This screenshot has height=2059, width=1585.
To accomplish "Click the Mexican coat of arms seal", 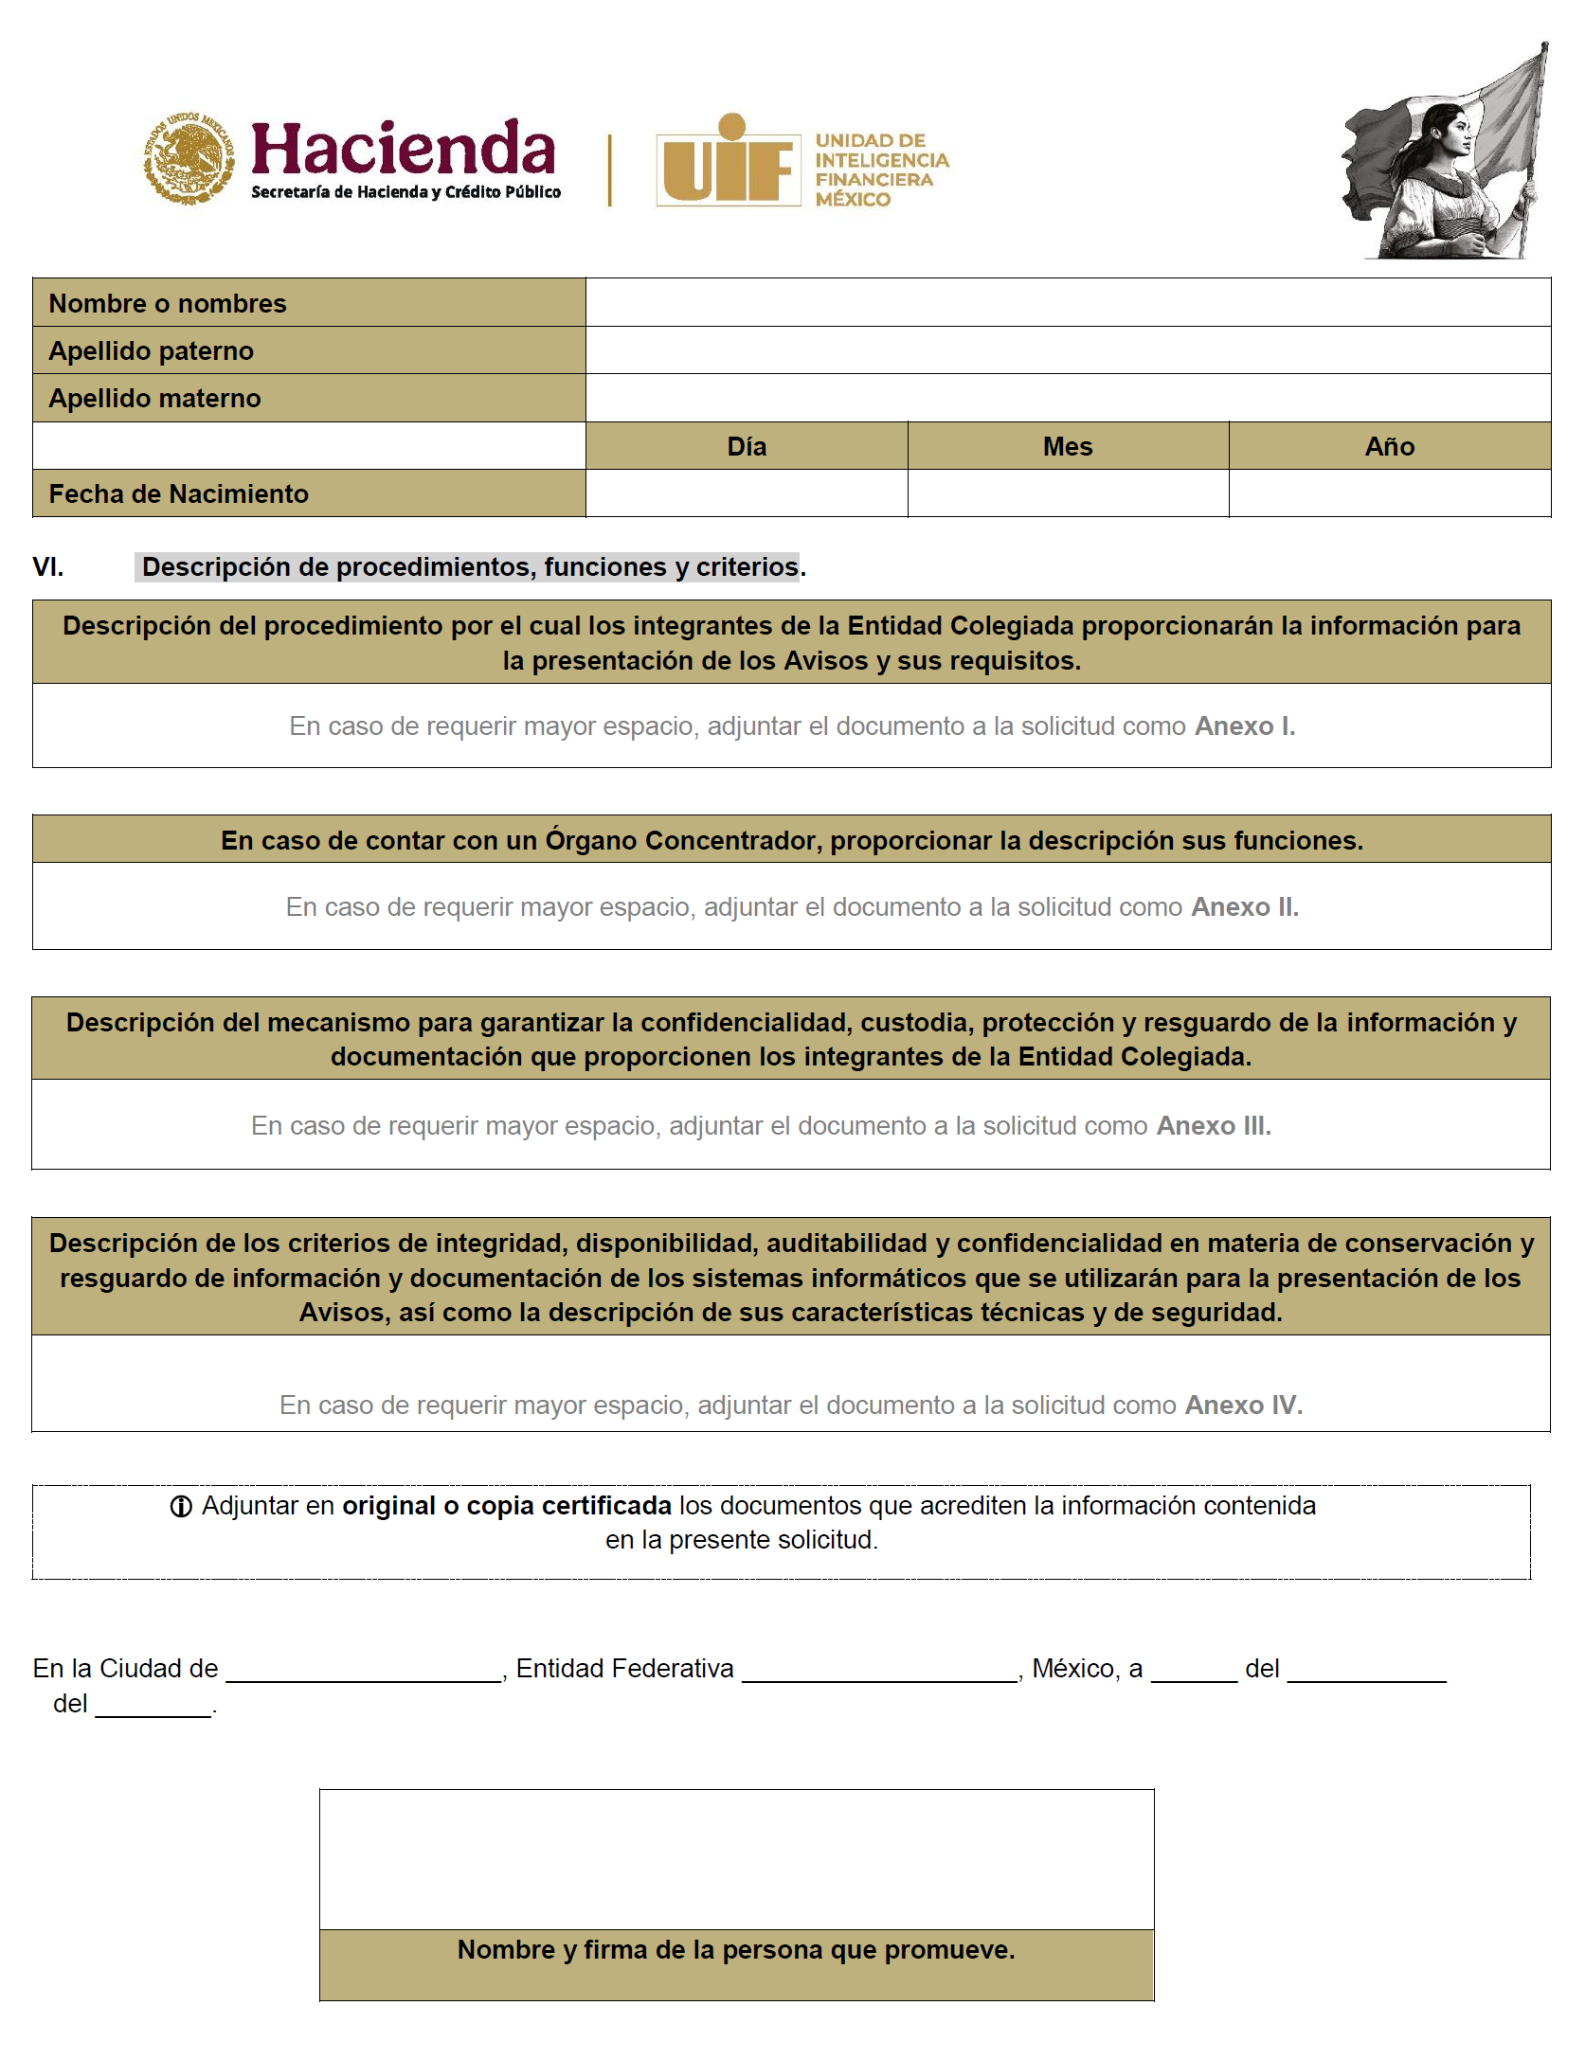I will tap(189, 159).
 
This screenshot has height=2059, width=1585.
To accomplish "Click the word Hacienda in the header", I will tap(404, 149).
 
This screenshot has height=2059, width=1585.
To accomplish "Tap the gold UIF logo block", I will tap(728, 161).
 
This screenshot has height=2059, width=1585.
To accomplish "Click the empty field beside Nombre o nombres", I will tap(1068, 302).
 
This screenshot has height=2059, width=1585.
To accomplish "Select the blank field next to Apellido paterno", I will tap(1068, 350).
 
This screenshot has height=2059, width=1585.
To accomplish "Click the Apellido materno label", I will tap(154, 399).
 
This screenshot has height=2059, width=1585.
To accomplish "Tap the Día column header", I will tap(747, 447).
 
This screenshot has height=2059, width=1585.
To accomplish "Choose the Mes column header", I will tap(1068, 447).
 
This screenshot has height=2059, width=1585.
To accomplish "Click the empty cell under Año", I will tap(1390, 493).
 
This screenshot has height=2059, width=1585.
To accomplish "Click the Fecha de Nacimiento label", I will tap(178, 494).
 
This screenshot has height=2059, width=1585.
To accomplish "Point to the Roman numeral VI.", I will tap(48, 567).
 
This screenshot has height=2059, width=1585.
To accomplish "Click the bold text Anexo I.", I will tap(1245, 726).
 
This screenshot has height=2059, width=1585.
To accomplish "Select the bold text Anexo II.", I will tap(1245, 907).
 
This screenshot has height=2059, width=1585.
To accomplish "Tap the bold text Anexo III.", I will tap(1214, 1126).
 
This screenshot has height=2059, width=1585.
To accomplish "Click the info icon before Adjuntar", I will tap(181, 1507).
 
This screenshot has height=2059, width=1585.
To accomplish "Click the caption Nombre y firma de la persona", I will tap(736, 1950).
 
